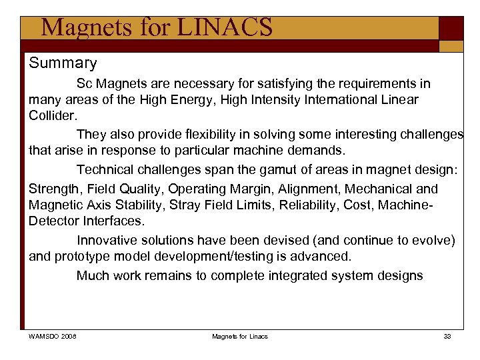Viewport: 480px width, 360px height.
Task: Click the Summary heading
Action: [x=63, y=63]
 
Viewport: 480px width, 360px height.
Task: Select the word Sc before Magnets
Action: [x=84, y=84]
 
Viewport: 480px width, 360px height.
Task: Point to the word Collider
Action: [x=53, y=115]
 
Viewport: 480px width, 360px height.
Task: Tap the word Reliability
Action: [x=306, y=204]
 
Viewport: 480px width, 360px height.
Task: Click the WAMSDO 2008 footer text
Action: [x=52, y=336]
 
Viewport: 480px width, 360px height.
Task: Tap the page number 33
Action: [x=447, y=336]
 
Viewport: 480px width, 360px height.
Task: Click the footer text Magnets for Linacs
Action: [x=239, y=336]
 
